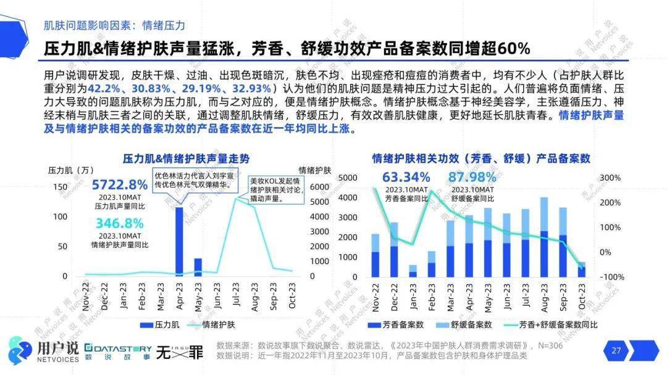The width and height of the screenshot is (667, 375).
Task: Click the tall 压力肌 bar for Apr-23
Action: [x=179, y=241]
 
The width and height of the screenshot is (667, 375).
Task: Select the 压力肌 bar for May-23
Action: [x=198, y=266]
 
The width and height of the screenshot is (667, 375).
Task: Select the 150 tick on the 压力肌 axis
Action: [x=60, y=187]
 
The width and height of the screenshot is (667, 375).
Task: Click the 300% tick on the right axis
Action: [x=610, y=178]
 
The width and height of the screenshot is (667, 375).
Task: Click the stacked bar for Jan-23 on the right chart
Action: [x=413, y=271]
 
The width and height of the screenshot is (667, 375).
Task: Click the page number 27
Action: [x=616, y=350]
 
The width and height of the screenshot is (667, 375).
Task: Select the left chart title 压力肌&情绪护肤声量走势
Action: [x=186, y=158]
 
